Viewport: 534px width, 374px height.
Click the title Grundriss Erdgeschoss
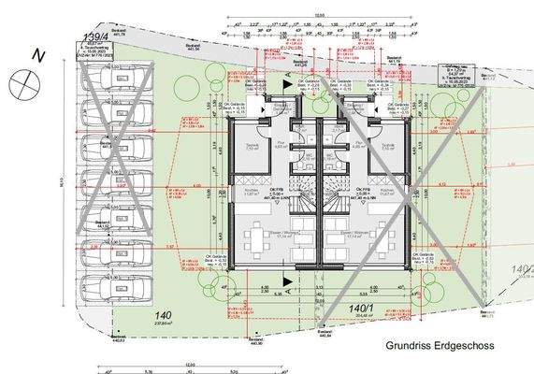click(x=439, y=345)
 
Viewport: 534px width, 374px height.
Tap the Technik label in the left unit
click(x=252, y=146)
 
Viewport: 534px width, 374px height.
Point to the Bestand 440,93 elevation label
click(x=118, y=339)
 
